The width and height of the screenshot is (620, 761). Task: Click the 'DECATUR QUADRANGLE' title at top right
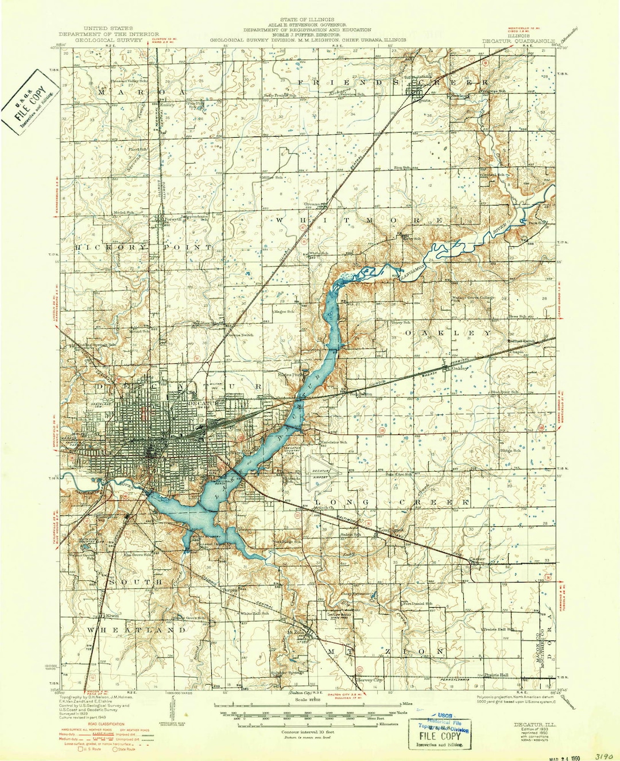[517, 41]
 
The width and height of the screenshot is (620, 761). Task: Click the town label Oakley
[460, 368]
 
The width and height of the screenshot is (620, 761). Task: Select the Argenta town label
[422, 100]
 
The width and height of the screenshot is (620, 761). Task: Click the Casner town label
[477, 558]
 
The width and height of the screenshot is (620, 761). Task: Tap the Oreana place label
[312, 204]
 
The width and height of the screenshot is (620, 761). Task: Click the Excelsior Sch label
[334, 442]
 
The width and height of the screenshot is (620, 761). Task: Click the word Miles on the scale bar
[407, 703]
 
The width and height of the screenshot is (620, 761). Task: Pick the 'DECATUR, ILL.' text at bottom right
[532, 720]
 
